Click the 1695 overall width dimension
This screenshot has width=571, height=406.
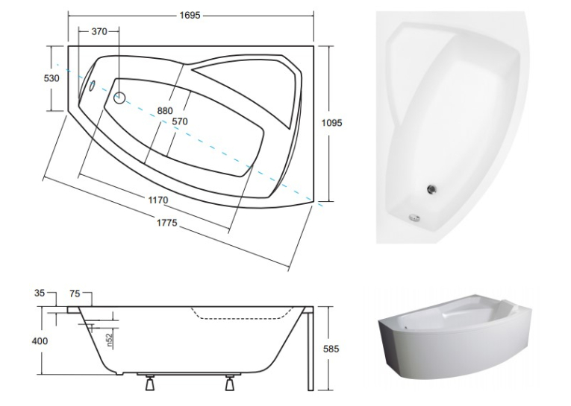pyautogui.click(x=190, y=15)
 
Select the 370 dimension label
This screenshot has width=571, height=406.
pyautogui.click(x=99, y=31)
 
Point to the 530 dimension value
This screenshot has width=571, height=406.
pyautogui.click(x=52, y=78)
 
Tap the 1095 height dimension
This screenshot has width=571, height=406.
pyautogui.click(x=331, y=123)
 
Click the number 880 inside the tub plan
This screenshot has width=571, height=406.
pyautogui.click(x=165, y=110)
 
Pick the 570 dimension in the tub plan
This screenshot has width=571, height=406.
pyautogui.click(x=180, y=121)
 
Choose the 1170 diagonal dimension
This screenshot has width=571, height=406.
pyautogui.click(x=158, y=200)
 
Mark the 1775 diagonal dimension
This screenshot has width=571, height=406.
pyautogui.click(x=167, y=222)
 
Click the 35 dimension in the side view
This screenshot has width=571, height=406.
pyautogui.click(x=40, y=293)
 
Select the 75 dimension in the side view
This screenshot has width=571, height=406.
pyautogui.click(x=75, y=294)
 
